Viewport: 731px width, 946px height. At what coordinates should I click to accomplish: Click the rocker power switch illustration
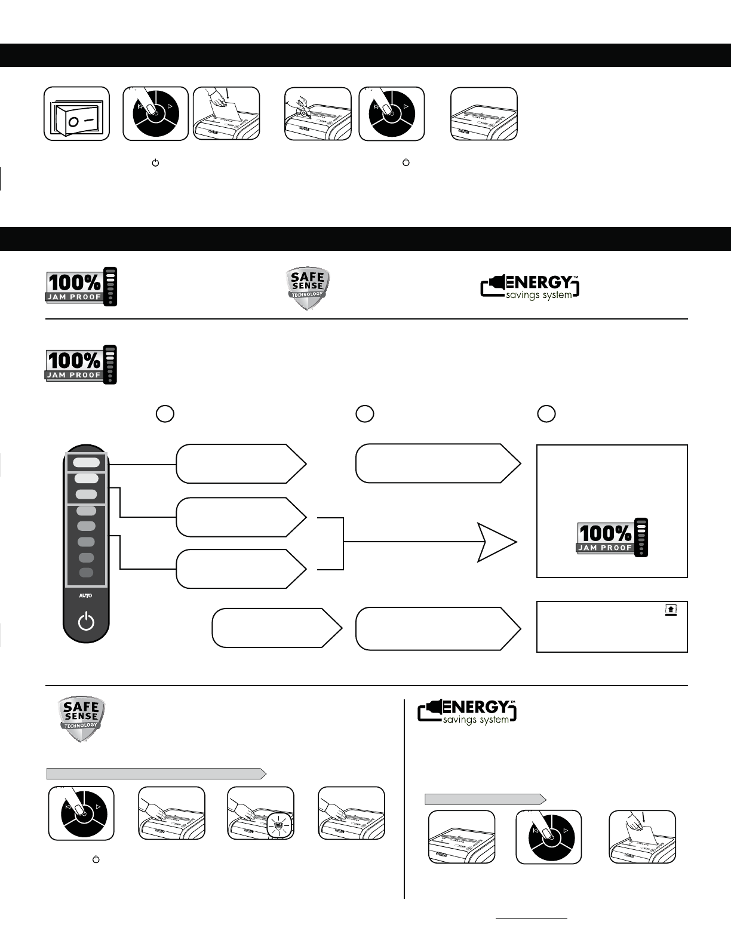click(x=76, y=114)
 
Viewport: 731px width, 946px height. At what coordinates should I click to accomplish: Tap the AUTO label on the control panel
click(x=86, y=596)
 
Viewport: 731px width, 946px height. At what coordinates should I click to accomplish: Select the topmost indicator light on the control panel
click(x=87, y=462)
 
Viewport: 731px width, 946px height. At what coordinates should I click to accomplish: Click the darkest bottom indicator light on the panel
click(x=86, y=573)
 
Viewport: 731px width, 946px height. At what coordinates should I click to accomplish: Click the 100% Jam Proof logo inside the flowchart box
click(x=612, y=537)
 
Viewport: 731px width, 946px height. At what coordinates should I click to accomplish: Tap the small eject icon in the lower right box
click(x=671, y=610)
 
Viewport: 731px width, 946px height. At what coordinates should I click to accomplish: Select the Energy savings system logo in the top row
click(x=530, y=287)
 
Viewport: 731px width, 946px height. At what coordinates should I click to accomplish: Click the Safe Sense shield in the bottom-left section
click(x=82, y=719)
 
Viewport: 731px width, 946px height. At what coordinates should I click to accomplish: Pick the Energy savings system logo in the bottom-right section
click(x=467, y=712)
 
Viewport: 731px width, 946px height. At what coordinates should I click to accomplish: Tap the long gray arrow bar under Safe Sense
click(x=156, y=774)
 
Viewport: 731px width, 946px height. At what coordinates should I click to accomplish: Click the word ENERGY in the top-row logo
click(x=538, y=282)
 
